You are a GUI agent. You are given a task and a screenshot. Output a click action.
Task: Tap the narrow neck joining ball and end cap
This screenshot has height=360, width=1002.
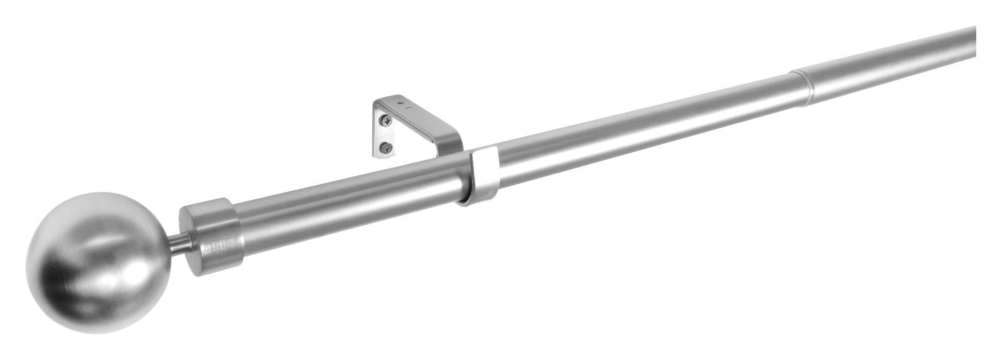click(180, 244)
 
